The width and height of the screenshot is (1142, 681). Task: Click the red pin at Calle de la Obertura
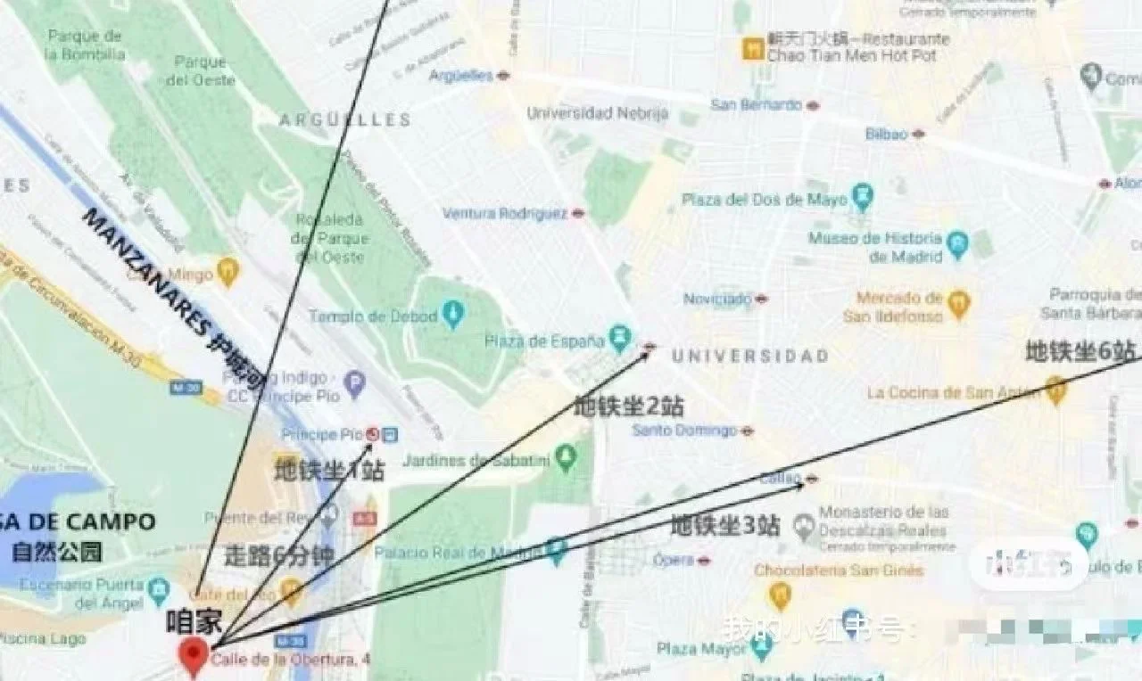point(194,655)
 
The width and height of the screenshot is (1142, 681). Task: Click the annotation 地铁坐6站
point(1080,351)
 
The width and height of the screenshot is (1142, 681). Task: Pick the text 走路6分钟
point(279,556)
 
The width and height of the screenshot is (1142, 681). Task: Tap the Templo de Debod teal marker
point(454,314)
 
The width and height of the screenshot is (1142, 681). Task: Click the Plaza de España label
point(545,340)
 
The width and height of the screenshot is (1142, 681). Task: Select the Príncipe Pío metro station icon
point(373,434)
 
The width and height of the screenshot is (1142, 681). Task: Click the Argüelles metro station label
point(460,76)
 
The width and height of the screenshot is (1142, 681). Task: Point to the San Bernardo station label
point(756,104)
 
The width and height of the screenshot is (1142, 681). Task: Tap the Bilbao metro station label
point(886,134)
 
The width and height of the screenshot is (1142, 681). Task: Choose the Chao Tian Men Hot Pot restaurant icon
point(753,47)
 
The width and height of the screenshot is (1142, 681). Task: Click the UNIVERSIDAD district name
point(749,357)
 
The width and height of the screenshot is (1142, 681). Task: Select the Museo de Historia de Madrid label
point(875,247)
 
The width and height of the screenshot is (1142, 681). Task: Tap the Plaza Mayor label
point(701,648)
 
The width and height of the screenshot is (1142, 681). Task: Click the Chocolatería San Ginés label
point(839,570)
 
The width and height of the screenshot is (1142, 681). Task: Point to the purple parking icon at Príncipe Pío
point(354,384)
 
